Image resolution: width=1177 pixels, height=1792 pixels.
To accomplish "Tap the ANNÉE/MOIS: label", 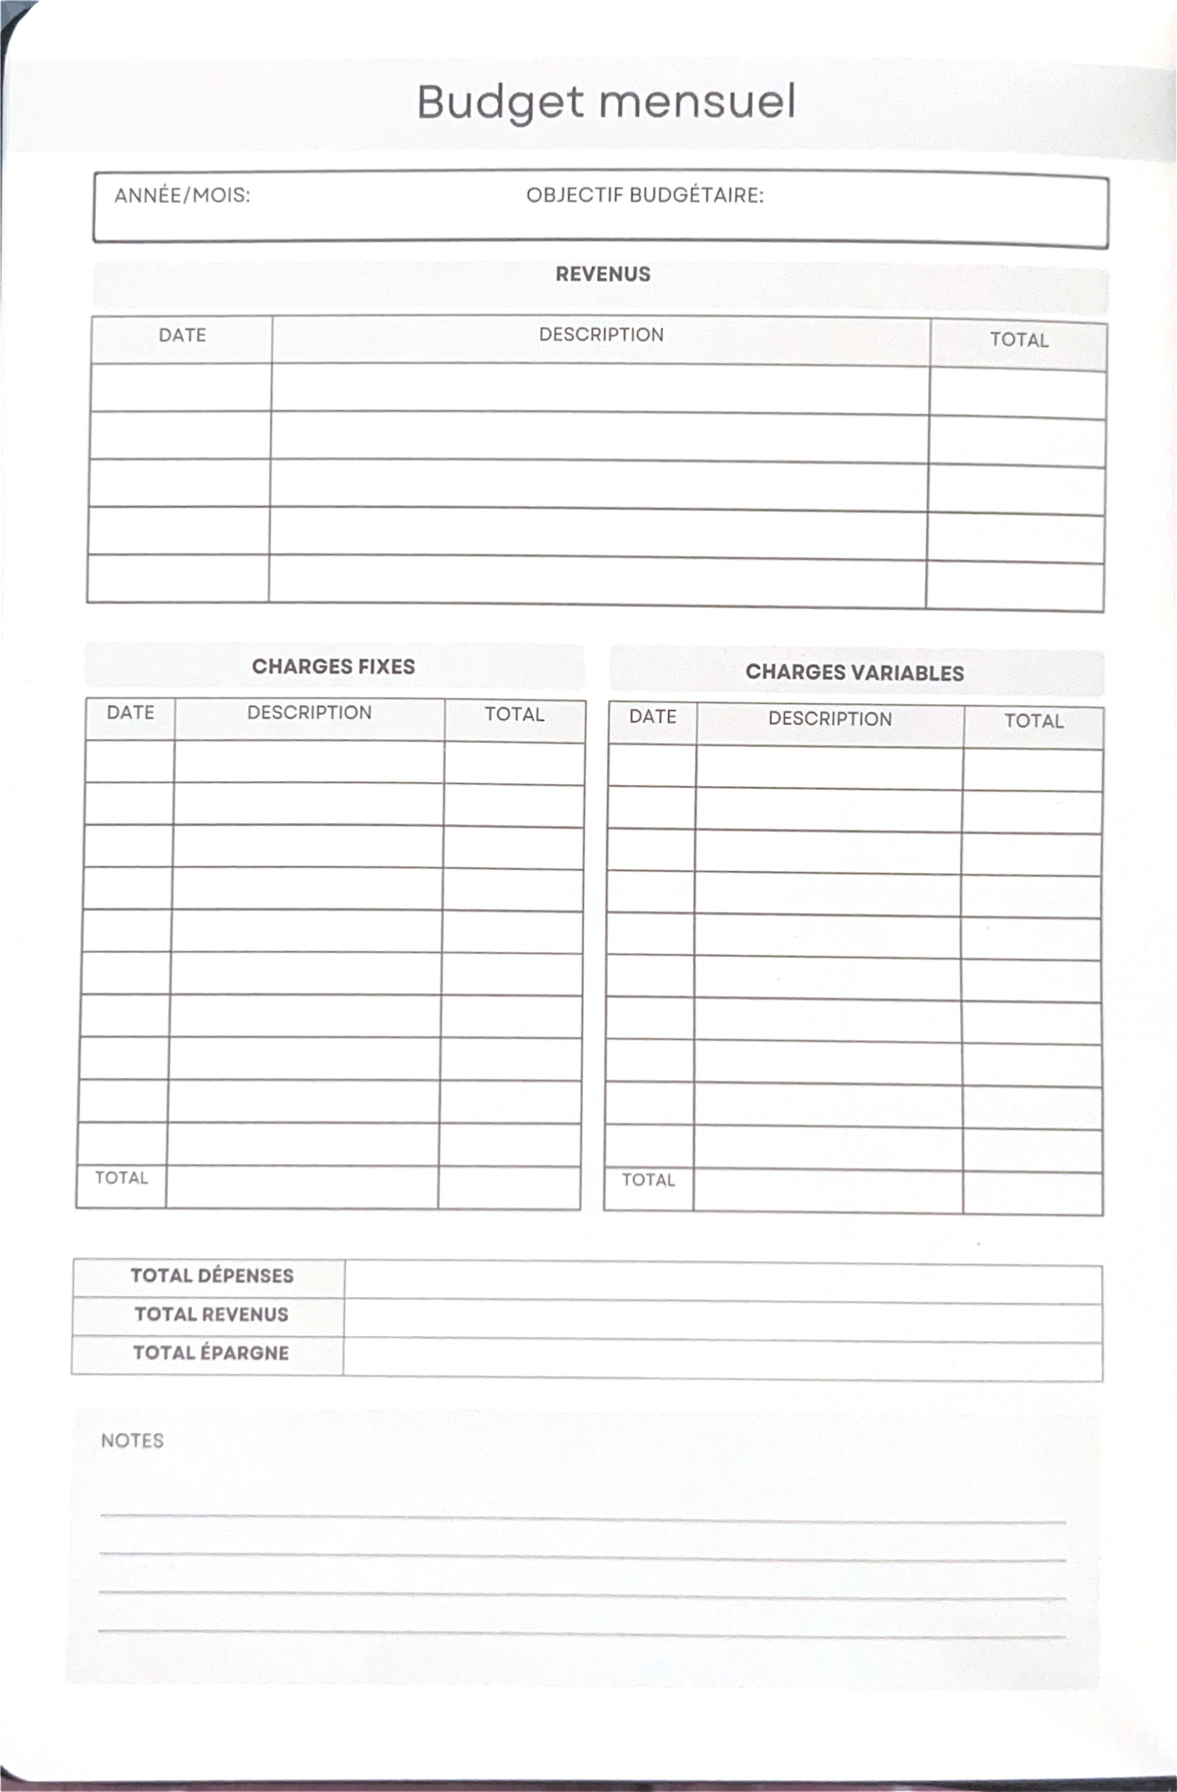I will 182,196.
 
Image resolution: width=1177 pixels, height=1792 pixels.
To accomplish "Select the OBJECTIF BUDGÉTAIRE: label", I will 645,196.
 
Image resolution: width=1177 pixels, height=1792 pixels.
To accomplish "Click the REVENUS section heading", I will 603,274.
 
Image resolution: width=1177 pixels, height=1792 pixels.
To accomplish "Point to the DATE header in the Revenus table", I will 182,336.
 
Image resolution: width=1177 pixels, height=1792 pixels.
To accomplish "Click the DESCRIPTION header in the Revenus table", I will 601,335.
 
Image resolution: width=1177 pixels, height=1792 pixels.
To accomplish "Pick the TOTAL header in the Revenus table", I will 1019,340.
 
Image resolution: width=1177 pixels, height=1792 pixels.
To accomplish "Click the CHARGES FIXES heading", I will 334,667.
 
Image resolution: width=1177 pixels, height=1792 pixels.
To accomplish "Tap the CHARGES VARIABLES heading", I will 855,673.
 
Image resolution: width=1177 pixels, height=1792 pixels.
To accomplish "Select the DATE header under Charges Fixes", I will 130,713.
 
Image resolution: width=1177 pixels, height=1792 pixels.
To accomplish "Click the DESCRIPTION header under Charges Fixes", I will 310,713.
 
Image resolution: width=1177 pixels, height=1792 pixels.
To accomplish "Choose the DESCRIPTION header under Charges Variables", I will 830,719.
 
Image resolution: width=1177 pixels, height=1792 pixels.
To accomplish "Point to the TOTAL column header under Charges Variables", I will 1034,721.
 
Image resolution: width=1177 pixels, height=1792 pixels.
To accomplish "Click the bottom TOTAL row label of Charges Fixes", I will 121,1178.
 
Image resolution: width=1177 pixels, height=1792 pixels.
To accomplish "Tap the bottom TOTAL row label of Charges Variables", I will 648,1181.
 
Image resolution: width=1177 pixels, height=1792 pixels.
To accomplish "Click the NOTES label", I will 132,1441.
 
